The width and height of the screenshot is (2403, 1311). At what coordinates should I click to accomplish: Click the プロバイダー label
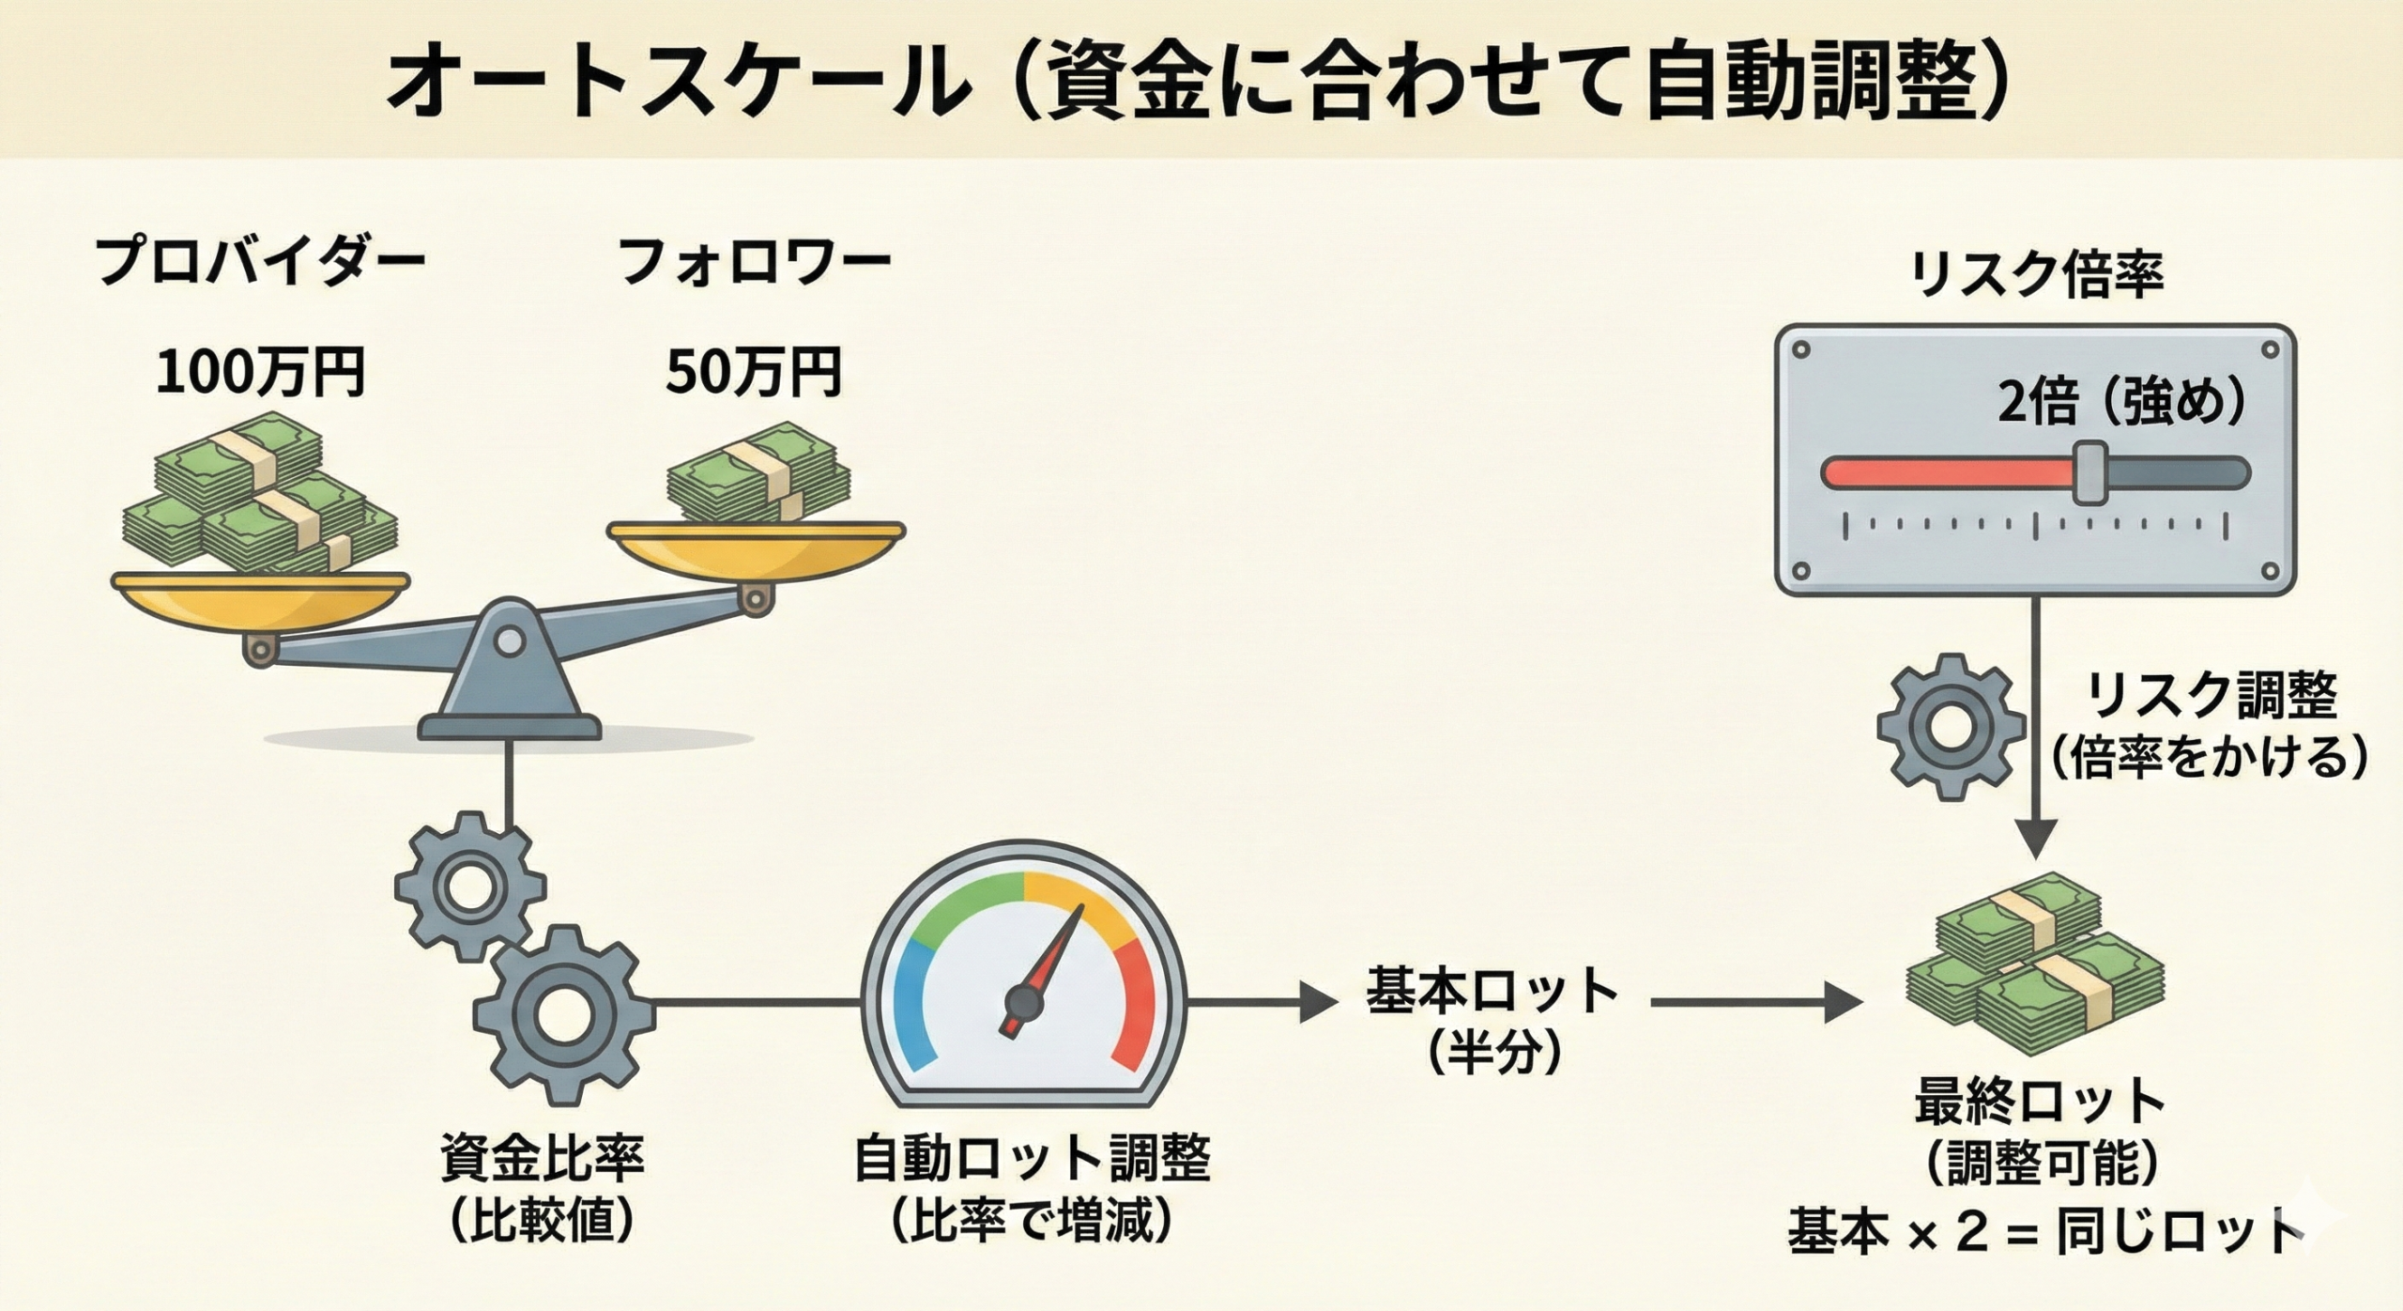(261, 262)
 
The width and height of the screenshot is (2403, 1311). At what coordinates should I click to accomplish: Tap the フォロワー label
(755, 262)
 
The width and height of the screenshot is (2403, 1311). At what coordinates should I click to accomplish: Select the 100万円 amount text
(261, 372)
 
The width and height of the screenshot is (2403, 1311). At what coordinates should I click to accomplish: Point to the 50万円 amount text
(754, 372)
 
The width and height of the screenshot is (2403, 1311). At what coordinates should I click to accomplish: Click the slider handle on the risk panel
(2089, 472)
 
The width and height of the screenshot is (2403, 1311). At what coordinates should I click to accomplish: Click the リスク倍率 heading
(2036, 275)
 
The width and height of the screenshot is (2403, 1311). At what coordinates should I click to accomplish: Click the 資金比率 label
(543, 1158)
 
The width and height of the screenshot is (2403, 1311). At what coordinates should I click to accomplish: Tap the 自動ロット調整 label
(1033, 1158)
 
